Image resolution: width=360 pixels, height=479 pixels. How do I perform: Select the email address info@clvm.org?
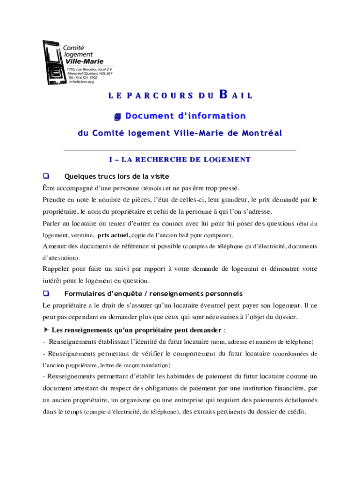[x=82, y=82]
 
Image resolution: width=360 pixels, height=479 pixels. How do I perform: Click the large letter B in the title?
[x=223, y=94]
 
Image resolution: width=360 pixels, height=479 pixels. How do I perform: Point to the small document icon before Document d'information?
[x=118, y=116]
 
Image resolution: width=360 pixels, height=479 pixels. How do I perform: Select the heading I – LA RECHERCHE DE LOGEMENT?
[x=180, y=160]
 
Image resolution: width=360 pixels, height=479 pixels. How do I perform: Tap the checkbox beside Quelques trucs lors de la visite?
[x=46, y=176]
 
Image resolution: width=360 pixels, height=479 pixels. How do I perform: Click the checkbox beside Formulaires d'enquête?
[x=46, y=294]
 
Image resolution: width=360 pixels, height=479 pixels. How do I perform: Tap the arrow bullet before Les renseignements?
[x=46, y=330]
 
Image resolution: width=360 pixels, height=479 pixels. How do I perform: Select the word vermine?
[x=81, y=235]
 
